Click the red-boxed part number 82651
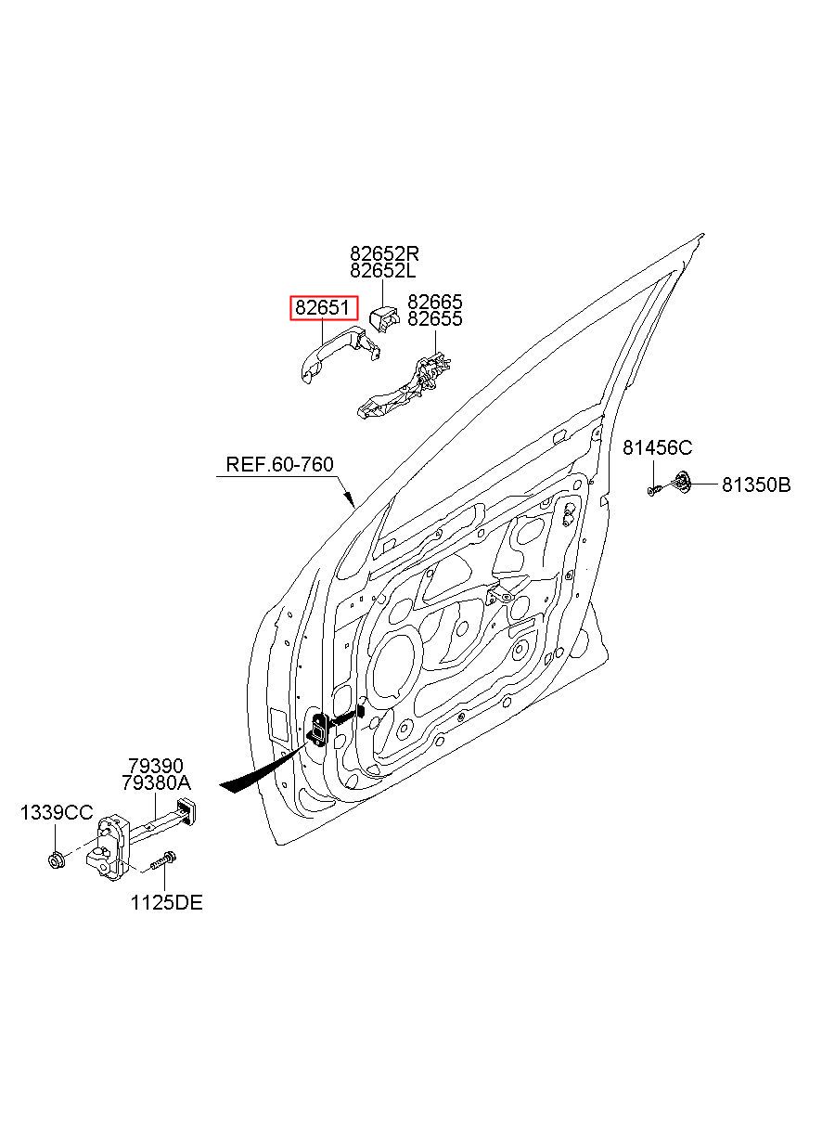click(324, 307)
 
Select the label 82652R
click(384, 252)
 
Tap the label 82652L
click(383, 270)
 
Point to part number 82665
click(435, 302)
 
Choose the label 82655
click(435, 319)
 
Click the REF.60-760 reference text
click(279, 464)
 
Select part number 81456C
click(657, 447)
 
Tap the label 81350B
click(756, 484)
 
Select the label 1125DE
click(166, 903)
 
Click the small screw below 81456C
click(654, 490)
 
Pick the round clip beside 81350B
click(682, 483)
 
